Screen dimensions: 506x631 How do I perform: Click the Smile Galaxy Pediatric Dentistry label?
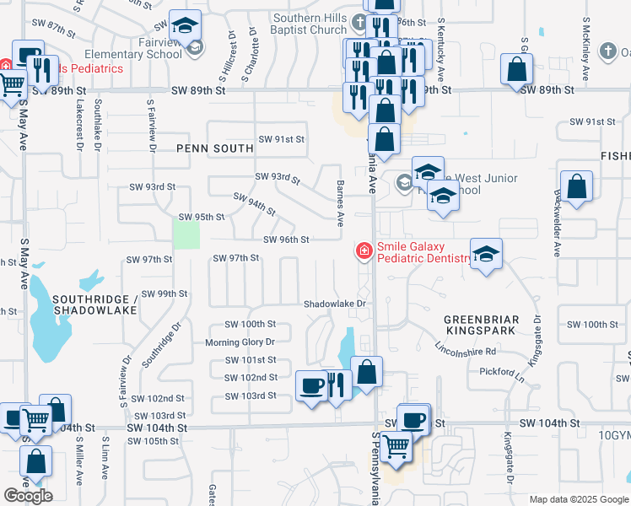[x=423, y=253]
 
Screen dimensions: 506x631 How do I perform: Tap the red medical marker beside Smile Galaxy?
[x=364, y=250]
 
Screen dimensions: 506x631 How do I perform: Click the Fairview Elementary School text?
[x=145, y=48]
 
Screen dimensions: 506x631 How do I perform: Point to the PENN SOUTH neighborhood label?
[x=215, y=148]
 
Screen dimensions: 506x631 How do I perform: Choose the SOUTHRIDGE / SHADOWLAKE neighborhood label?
[x=94, y=304]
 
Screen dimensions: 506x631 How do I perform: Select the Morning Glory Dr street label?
[x=240, y=342]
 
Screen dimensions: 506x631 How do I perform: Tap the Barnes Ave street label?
[x=340, y=203]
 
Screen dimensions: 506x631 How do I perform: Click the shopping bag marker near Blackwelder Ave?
[x=576, y=186]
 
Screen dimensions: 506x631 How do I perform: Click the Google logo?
[x=28, y=496]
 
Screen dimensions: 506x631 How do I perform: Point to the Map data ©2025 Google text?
[x=578, y=499]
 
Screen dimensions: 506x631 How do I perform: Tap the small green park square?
[x=186, y=232]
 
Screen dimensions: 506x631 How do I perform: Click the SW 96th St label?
[x=286, y=240]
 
